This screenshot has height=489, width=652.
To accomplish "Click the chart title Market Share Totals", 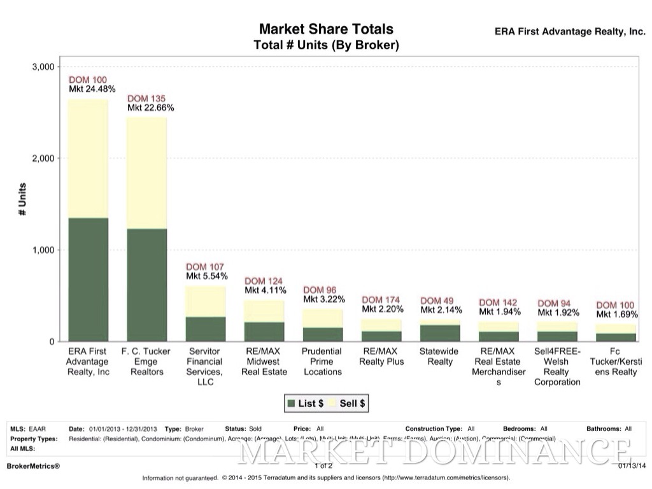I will tap(325, 29).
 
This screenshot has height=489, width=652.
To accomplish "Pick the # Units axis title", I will tap(22, 199).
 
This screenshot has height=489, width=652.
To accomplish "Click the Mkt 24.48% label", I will tap(92, 89).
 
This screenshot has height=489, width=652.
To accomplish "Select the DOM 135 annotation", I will tap(146, 99).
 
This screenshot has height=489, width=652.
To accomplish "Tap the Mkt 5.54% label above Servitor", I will tap(207, 276).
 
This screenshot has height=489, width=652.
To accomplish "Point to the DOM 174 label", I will tap(381, 300).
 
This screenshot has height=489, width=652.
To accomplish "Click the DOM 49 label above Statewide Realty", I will tap(437, 301).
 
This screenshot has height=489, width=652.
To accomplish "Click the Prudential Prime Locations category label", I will tap(322, 361).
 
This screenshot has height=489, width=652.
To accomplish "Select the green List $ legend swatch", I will tap(292, 403).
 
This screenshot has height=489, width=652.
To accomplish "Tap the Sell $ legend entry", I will tap(348, 403).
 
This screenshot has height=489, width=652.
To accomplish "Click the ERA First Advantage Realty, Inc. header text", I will tap(570, 31).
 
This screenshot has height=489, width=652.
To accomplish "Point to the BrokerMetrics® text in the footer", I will tap(32, 466).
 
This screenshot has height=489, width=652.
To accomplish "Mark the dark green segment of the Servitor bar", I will tap(206, 329).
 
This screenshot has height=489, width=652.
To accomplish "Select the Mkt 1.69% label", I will tap(617, 315).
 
